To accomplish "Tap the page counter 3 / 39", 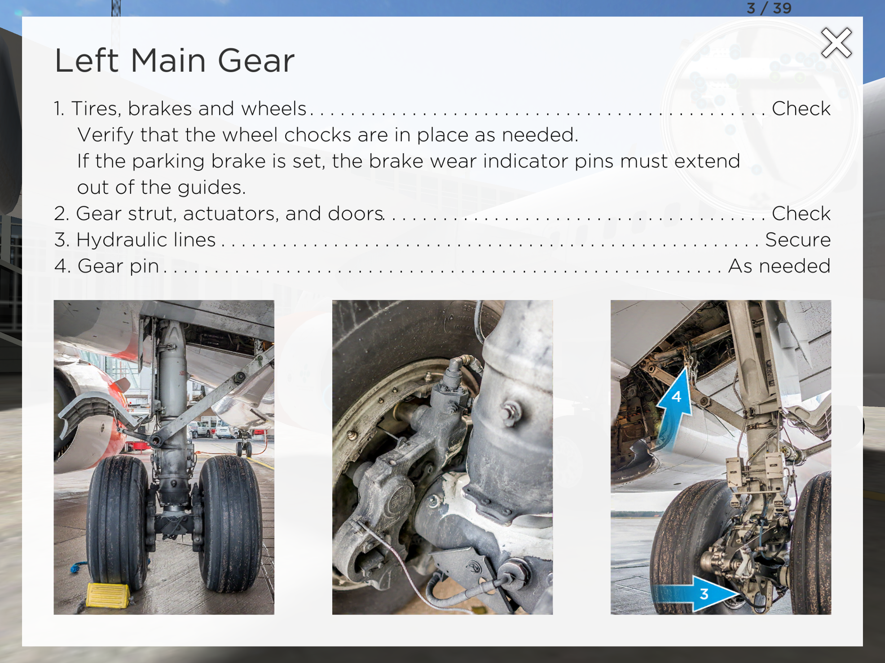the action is (x=769, y=8).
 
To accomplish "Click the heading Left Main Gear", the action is (x=174, y=61).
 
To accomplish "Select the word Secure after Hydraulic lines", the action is (x=798, y=240).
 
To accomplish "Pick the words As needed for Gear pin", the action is (x=779, y=266).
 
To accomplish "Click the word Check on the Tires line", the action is (x=801, y=108).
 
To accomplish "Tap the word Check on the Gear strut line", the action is (x=801, y=214).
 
